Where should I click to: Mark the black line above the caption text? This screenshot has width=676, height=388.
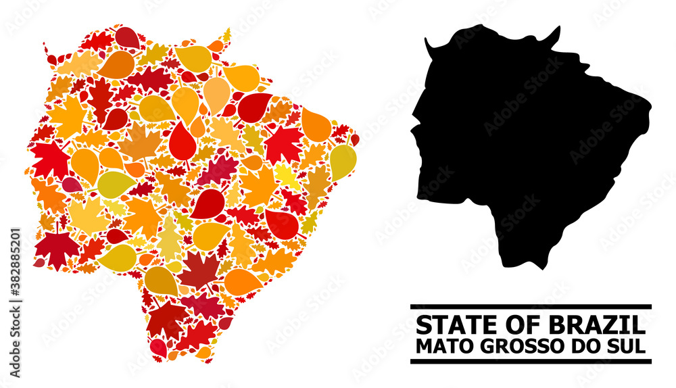tap(531, 306)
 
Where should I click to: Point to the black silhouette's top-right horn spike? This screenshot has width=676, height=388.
tap(558, 30)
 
